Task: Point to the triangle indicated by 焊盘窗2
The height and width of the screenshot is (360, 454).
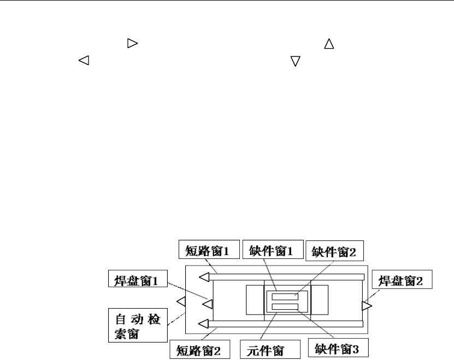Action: pos(367,306)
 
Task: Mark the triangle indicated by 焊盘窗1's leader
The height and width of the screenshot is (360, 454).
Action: pos(208,302)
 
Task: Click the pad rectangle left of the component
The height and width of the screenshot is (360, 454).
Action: pos(255,300)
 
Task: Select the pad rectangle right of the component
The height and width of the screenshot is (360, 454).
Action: pos(319,300)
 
